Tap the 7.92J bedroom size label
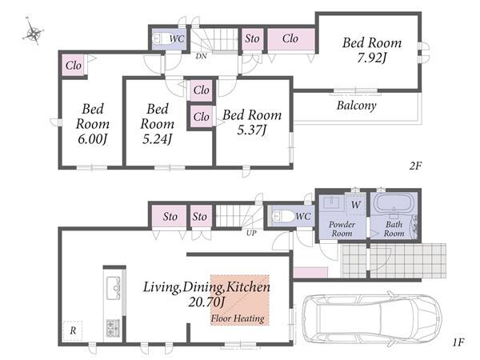click(x=371, y=58)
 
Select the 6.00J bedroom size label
click(x=92, y=139)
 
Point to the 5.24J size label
click(x=157, y=139)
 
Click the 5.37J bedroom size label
click(x=252, y=130)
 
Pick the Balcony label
click(x=356, y=106)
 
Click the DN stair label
click(x=201, y=56)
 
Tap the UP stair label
click(x=251, y=233)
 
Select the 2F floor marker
click(x=415, y=166)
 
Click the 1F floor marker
click(x=458, y=342)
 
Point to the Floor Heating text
click(x=238, y=318)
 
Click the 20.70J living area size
click(x=206, y=302)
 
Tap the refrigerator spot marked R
click(x=73, y=330)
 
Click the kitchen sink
click(x=114, y=288)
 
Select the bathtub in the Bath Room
click(x=394, y=203)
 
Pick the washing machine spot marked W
click(x=356, y=205)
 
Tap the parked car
click(x=371, y=318)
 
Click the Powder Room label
click(x=342, y=229)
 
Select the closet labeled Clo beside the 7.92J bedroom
click(x=291, y=39)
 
